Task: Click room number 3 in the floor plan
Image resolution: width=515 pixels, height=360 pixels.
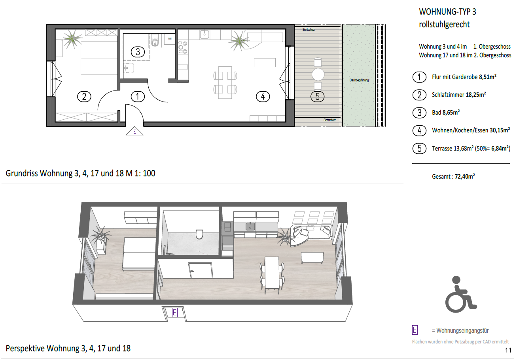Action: click(x=138, y=52)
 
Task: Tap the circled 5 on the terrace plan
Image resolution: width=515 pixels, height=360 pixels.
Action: click(x=317, y=96)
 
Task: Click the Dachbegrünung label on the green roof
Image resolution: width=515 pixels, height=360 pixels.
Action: click(x=359, y=80)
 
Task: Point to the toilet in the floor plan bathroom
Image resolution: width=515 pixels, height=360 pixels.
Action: click(x=155, y=41)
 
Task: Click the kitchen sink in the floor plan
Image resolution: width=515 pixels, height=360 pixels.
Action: click(x=204, y=34)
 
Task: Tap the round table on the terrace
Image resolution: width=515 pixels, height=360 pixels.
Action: click(x=318, y=74)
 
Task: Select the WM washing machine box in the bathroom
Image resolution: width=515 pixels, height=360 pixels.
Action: click(x=170, y=39)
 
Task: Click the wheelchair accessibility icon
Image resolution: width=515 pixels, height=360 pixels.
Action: click(x=461, y=294)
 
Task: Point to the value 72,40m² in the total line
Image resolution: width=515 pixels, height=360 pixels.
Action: click(x=465, y=176)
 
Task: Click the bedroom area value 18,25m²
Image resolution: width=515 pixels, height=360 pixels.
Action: click(x=476, y=95)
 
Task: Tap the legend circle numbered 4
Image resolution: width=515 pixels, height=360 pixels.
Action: click(x=419, y=130)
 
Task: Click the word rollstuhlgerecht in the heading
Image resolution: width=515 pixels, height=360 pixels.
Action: click(x=444, y=25)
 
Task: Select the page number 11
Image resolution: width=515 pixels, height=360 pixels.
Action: click(x=508, y=350)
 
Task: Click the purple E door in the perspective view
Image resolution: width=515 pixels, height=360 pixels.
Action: click(x=175, y=313)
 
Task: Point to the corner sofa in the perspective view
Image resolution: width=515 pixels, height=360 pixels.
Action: click(x=311, y=235)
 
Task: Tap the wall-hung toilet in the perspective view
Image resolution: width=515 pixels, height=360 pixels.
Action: click(x=199, y=234)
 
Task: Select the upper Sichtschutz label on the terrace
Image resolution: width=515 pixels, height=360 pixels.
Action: click(x=308, y=30)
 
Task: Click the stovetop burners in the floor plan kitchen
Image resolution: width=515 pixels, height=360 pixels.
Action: click(x=183, y=47)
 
